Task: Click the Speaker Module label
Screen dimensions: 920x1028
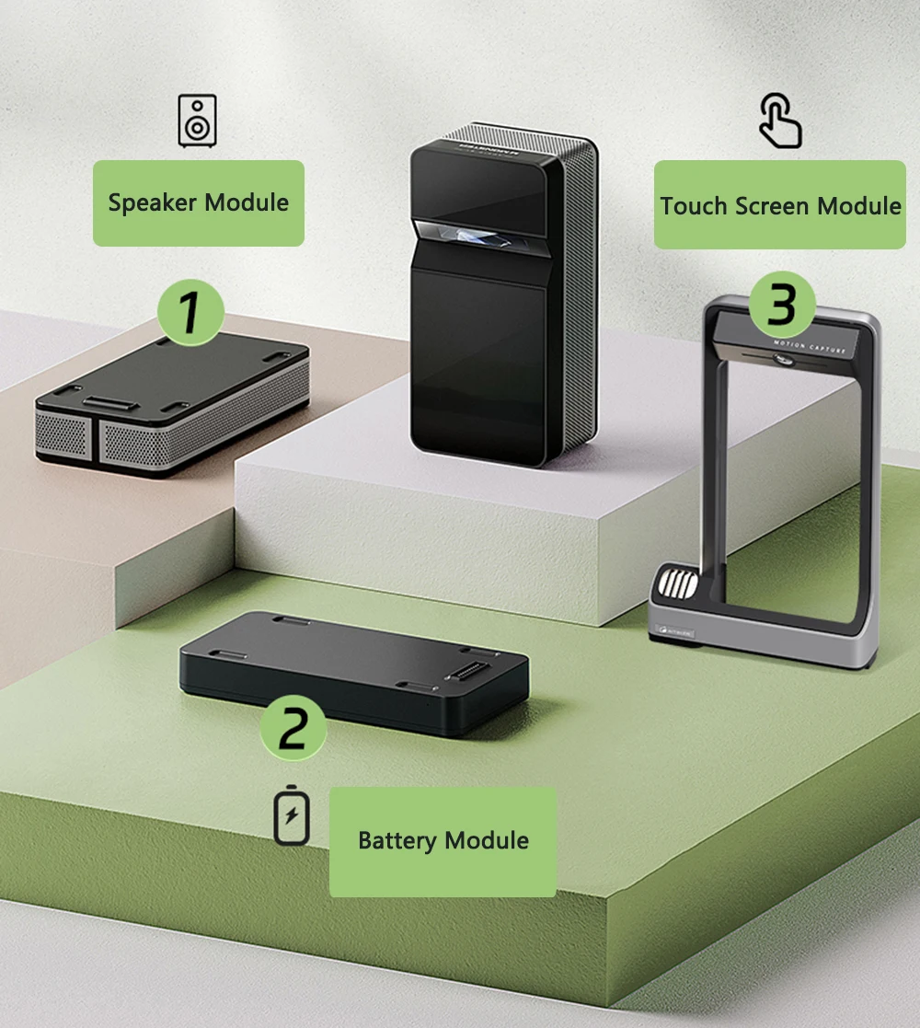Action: point(198,203)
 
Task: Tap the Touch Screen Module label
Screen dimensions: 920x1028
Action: point(779,205)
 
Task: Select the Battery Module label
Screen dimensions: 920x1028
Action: point(443,841)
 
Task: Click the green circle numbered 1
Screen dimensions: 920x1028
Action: point(190,312)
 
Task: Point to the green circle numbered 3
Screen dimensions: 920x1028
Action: point(781,305)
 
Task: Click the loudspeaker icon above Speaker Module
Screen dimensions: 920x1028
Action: point(198,121)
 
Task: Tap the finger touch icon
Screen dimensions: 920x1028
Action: point(780,121)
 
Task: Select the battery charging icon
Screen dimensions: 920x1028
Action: point(292,815)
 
